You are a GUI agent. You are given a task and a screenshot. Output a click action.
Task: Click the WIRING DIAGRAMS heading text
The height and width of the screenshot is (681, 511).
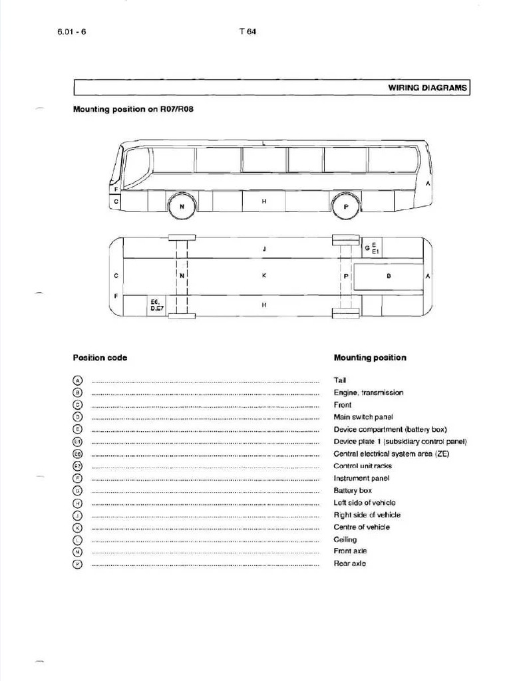tap(427, 88)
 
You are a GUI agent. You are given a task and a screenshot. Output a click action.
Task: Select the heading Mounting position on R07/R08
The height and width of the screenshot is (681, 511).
tap(132, 110)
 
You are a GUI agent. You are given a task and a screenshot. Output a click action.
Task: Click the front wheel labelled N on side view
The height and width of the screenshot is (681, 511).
tap(181, 207)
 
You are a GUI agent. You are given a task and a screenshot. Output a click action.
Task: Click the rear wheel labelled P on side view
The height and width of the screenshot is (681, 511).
tap(345, 207)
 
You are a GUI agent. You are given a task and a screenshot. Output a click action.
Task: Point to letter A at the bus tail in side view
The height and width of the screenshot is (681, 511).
tap(428, 183)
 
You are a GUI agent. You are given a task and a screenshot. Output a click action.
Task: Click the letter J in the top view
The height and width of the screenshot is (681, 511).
tap(264, 249)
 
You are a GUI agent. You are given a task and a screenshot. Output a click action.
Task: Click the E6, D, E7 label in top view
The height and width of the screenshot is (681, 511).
tap(157, 305)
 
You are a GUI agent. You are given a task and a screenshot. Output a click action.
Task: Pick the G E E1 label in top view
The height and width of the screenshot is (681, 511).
tap(371, 248)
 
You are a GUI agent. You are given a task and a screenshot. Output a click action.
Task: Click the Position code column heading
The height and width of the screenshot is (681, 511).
tap(100, 358)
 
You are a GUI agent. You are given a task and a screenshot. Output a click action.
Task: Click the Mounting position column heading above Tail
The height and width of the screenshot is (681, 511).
tap(369, 358)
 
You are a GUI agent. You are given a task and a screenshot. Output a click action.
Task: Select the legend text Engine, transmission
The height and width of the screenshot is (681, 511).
tap(368, 392)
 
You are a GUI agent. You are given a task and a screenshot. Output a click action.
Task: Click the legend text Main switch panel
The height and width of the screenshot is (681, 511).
tap(363, 417)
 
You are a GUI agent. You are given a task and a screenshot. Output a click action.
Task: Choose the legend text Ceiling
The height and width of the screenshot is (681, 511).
tap(345, 539)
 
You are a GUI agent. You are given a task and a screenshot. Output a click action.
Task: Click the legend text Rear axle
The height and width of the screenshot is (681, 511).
tap(349, 564)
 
